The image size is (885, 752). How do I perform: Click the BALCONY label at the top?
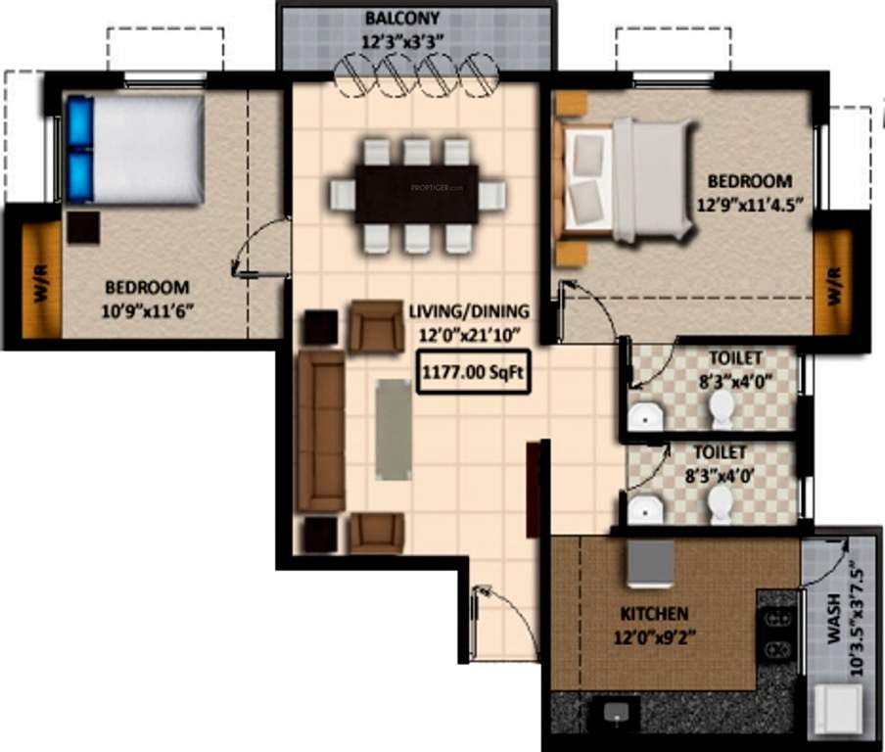click(x=402, y=19)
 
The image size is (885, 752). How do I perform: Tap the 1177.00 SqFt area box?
click(x=474, y=374)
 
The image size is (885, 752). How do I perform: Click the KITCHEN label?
click(x=654, y=614)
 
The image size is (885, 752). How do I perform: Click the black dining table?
click(x=416, y=194)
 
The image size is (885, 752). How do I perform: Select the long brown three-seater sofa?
click(x=320, y=432)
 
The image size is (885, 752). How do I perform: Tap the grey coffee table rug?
click(x=394, y=428)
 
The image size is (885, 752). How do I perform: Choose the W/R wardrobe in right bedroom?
click(x=834, y=285)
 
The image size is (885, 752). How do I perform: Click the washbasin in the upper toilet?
click(x=645, y=417)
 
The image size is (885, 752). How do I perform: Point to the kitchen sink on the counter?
click(x=616, y=712)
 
